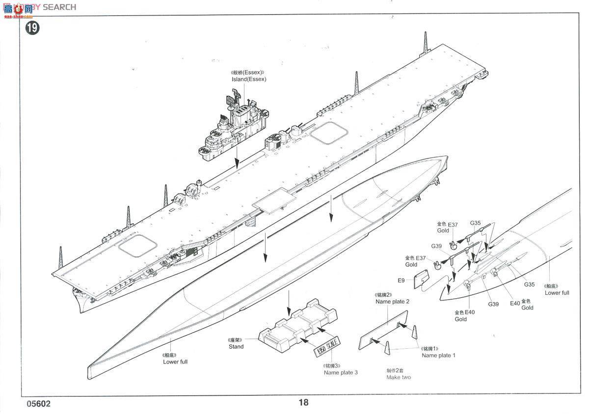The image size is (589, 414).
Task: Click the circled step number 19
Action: (x=32, y=28)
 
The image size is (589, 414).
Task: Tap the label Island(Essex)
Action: (x=249, y=79)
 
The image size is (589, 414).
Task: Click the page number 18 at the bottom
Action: (x=303, y=402)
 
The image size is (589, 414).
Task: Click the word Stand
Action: (x=236, y=346)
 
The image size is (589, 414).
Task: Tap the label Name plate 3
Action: (x=341, y=372)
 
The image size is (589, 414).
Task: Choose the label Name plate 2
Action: (x=392, y=302)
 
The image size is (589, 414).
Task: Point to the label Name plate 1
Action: (x=438, y=355)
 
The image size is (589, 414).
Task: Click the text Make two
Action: (x=399, y=377)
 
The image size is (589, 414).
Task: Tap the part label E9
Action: (x=401, y=281)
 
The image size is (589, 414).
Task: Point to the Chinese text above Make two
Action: (x=398, y=370)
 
